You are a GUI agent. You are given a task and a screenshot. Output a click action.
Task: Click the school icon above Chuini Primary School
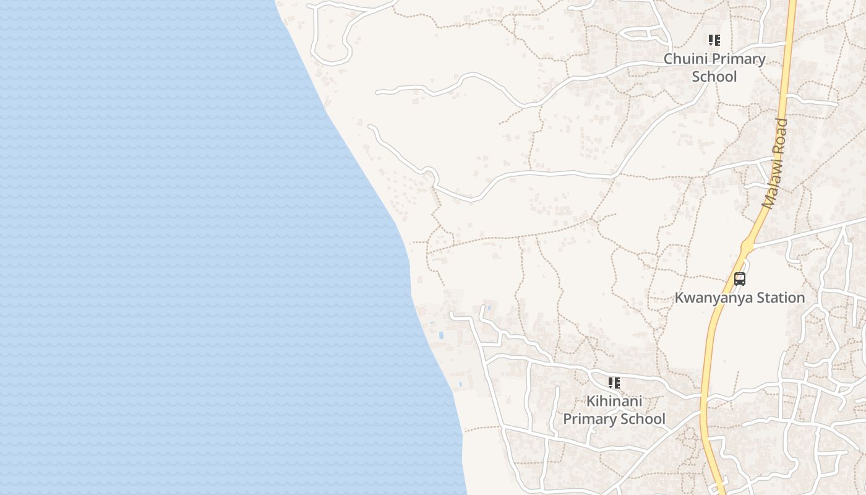click(x=714, y=41)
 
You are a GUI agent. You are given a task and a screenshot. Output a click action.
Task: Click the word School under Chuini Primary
click(x=714, y=77)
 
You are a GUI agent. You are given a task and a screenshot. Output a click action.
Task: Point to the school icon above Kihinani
click(x=614, y=383)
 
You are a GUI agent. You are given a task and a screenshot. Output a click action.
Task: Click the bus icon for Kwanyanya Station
click(x=740, y=279)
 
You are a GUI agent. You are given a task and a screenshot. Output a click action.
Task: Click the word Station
click(x=781, y=298)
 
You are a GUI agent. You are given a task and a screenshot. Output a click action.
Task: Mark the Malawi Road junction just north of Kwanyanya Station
click(x=747, y=246)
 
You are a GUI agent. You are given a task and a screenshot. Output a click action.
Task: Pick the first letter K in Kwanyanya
click(x=679, y=298)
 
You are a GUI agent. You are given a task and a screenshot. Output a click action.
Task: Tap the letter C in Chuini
click(x=669, y=59)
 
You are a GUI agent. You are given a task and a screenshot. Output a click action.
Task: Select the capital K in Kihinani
click(x=591, y=401)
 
